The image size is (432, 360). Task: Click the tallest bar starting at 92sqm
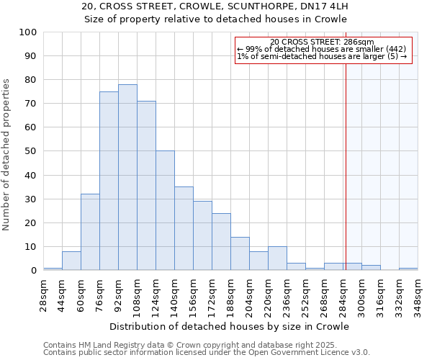click(x=127, y=177)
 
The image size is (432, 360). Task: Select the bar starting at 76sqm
click(x=109, y=181)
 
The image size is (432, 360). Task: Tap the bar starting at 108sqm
click(x=146, y=186)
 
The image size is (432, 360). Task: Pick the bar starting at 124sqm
click(x=165, y=210)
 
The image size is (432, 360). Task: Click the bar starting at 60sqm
click(x=90, y=232)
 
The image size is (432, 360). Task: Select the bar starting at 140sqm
click(x=184, y=228)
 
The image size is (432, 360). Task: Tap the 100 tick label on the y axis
click(x=28, y=32)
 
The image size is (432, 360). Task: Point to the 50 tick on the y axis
click(x=31, y=151)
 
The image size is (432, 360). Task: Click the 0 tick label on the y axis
click(x=34, y=271)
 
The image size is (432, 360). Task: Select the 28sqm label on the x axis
click(x=43, y=295)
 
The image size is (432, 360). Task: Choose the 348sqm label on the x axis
click(x=418, y=295)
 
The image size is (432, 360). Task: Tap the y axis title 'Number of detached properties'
click(x=7, y=155)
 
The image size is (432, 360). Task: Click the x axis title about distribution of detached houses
click(x=230, y=326)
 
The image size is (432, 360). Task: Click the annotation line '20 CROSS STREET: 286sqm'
click(x=322, y=42)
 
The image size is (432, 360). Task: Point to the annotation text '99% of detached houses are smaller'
click(x=322, y=49)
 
